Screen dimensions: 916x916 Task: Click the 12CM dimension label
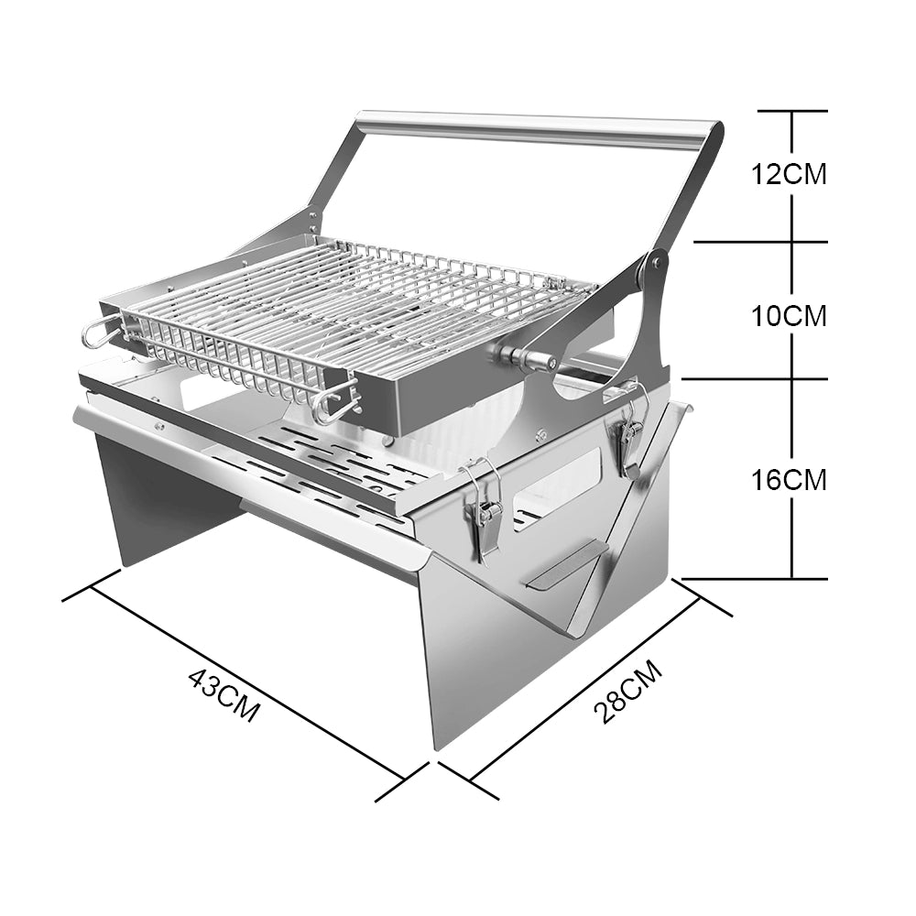click(x=789, y=173)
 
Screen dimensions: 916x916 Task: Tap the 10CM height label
click(x=789, y=316)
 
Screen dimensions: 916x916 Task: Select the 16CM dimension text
click(x=789, y=479)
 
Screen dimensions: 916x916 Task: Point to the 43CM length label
click(x=224, y=695)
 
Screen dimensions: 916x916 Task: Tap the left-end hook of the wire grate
click(x=98, y=333)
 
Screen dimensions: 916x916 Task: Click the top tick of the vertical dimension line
click(x=793, y=111)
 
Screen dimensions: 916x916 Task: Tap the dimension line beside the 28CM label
click(x=586, y=687)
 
